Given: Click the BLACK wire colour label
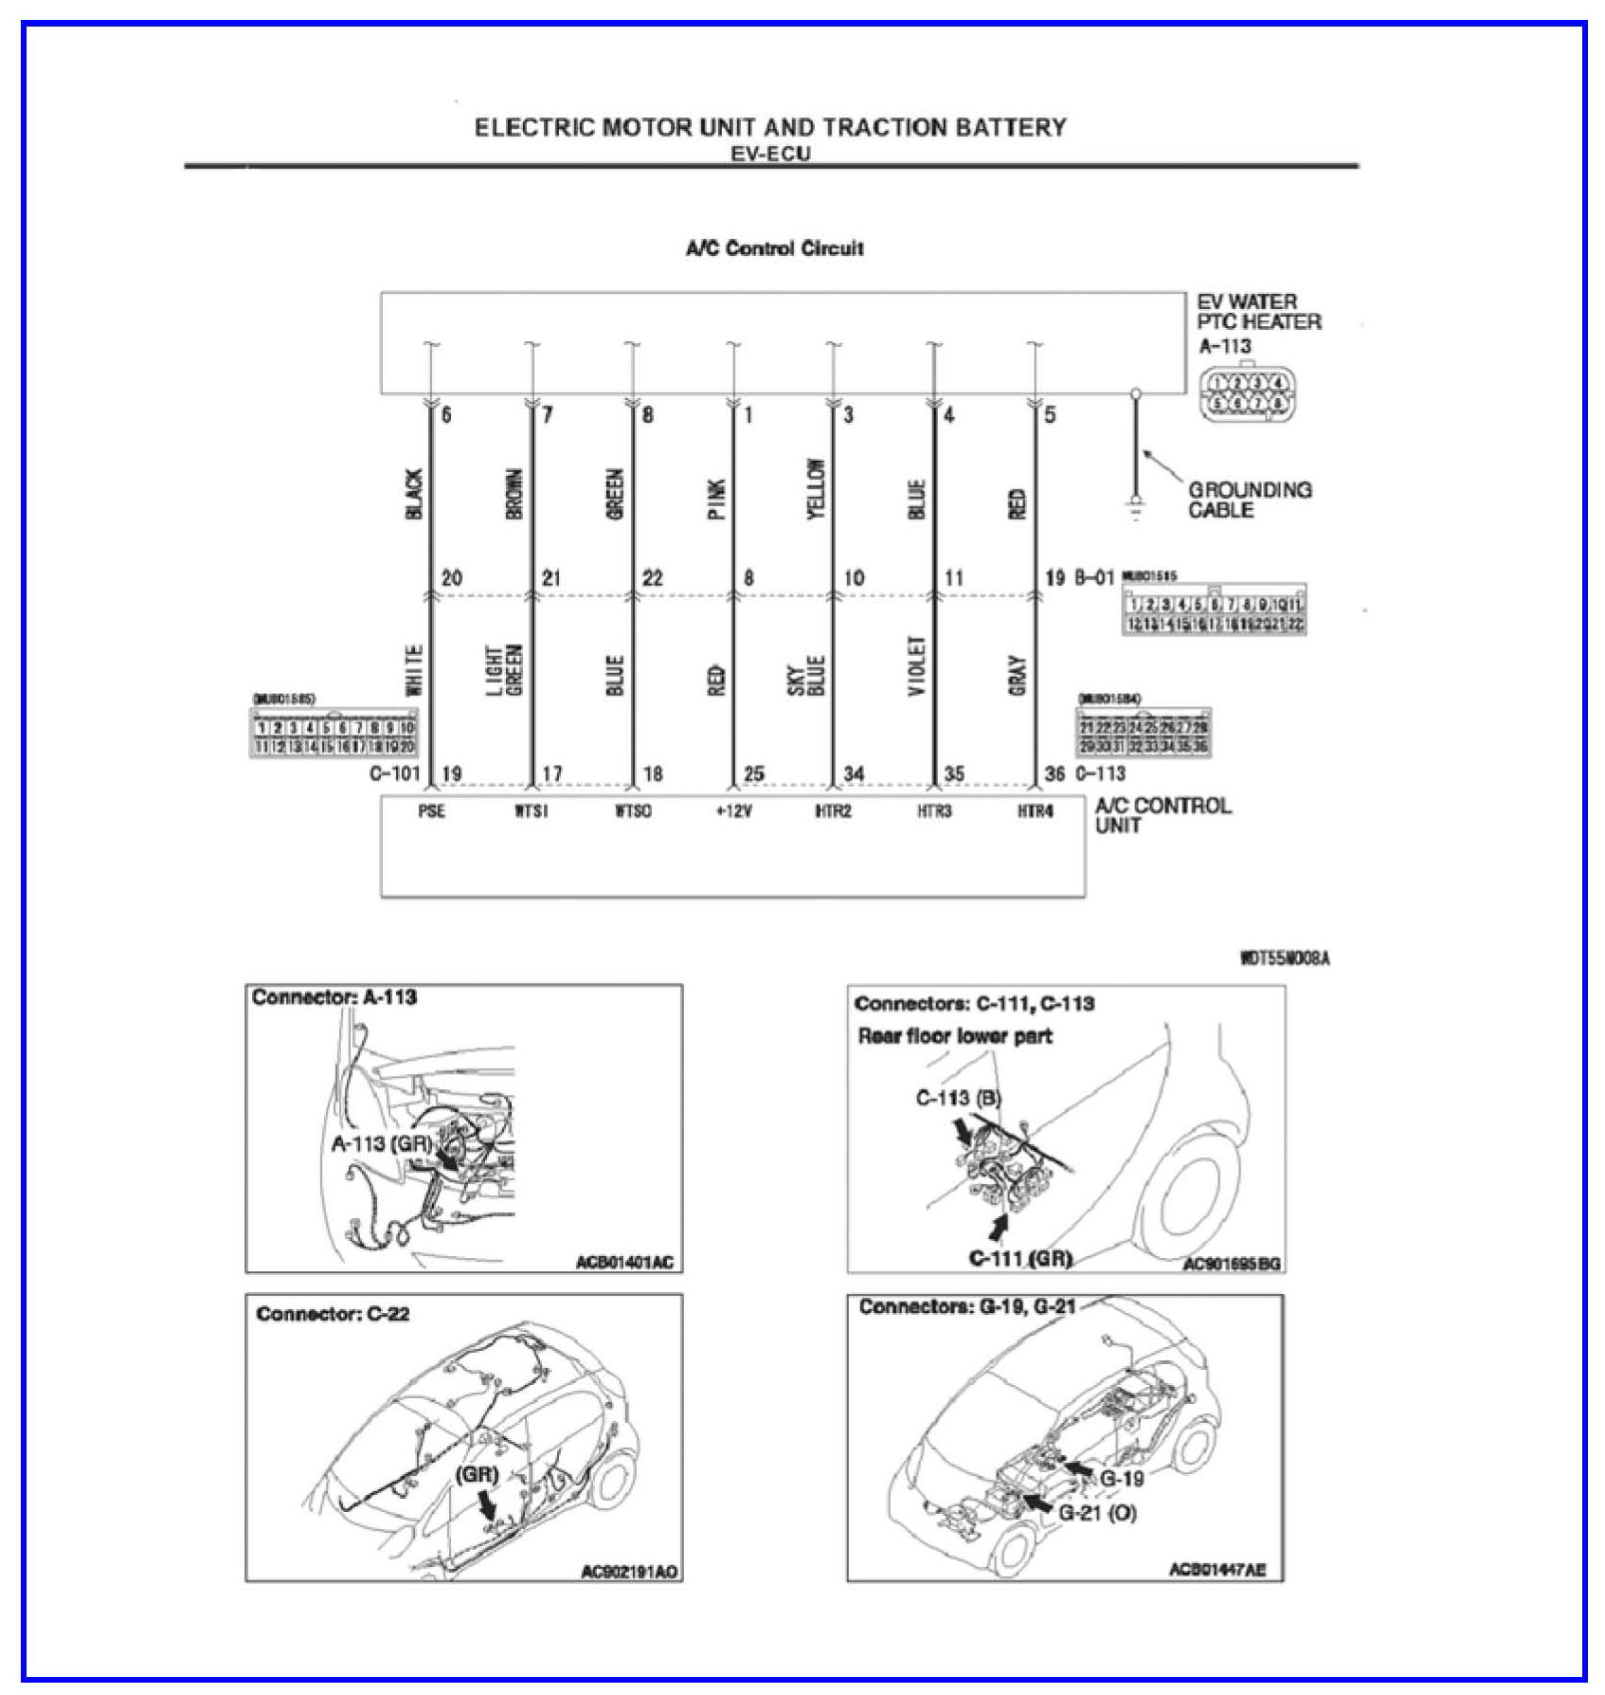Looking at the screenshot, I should [414, 494].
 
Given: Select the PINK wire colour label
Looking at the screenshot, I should [716, 499].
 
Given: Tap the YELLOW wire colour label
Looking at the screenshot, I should [816, 489].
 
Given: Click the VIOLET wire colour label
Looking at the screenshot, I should [916, 665].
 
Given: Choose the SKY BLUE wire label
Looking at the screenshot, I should [807, 675].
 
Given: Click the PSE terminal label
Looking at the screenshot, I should [431, 811].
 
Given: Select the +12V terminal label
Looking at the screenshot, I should [733, 811].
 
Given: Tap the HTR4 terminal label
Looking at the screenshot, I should [1035, 811].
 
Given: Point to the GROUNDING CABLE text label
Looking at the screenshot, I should [1249, 500].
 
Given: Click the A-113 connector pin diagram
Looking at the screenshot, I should [1247, 393].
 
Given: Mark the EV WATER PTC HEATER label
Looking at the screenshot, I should [1256, 312].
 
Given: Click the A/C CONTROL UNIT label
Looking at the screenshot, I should [1163, 815].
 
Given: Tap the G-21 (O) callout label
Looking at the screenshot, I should [1097, 1512].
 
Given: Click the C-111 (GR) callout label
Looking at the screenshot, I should [1020, 1258].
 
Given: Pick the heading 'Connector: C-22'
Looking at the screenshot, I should [333, 1314].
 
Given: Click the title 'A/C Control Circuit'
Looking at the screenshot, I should [774, 248].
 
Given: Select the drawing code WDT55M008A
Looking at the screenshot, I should [1284, 958].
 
